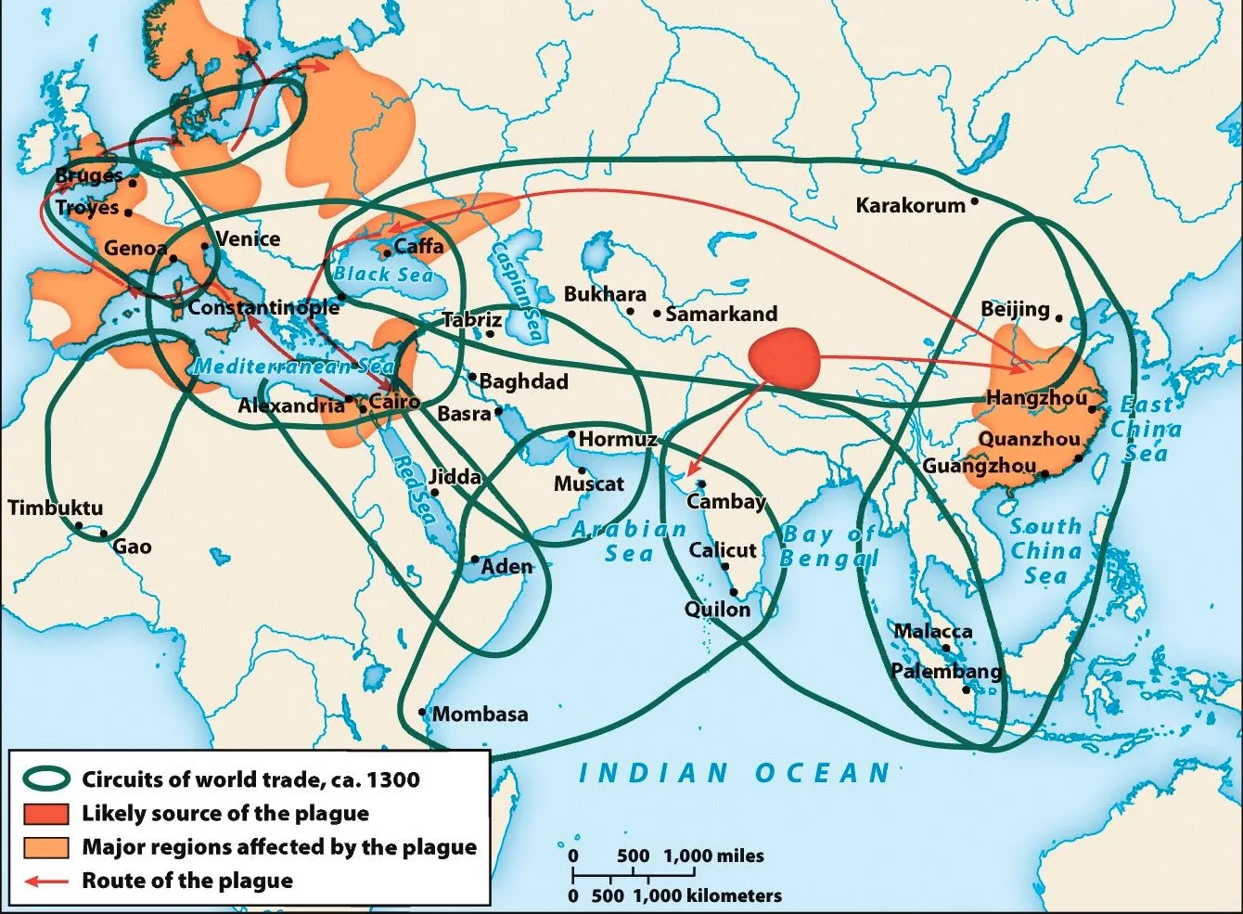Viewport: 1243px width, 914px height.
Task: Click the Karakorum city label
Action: click(x=910, y=206)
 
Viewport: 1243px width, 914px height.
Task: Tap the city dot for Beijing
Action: click(x=1059, y=317)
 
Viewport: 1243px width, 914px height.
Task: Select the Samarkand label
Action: click(x=721, y=314)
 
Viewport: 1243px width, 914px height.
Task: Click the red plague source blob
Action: click(x=785, y=359)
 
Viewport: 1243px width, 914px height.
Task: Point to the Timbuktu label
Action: click(x=56, y=508)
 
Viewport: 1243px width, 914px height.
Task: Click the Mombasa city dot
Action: click(x=423, y=713)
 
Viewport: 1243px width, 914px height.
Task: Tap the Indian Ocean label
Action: click(x=735, y=773)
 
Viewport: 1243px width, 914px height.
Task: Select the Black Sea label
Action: click(x=383, y=274)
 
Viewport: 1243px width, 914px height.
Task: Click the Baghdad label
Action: click(x=523, y=380)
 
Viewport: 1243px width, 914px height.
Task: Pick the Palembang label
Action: click(x=946, y=671)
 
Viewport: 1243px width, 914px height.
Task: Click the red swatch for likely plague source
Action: click(x=45, y=814)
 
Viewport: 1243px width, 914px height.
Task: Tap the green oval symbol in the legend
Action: click(x=45, y=779)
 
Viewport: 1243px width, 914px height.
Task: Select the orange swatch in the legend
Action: click(x=45, y=847)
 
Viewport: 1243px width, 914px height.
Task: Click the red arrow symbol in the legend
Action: click(x=45, y=881)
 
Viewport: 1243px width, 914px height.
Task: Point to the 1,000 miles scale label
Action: click(x=713, y=856)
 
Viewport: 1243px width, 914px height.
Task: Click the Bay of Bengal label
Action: click(x=827, y=546)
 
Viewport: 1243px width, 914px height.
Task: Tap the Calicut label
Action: click(x=723, y=549)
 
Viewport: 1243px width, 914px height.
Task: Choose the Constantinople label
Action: click(x=263, y=306)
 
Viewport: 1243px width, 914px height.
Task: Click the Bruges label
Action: click(x=88, y=174)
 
